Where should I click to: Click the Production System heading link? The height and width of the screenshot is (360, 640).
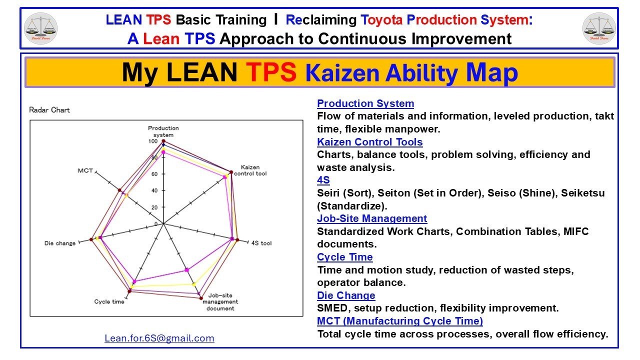point(365,103)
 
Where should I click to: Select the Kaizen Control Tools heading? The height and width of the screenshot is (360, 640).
point(369,142)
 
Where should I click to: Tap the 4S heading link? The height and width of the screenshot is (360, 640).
point(323,180)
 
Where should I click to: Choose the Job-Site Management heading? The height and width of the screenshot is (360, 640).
point(372,218)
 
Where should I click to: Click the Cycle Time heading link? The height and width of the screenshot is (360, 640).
point(345,257)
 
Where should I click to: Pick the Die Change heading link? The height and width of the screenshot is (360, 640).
point(346,295)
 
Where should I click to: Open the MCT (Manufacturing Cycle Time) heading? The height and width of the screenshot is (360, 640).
point(400,321)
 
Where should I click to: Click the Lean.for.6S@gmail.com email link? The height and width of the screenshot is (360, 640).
point(159,338)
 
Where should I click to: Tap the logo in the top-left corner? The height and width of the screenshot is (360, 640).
point(40,27)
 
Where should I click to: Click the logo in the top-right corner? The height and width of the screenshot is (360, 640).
point(599,27)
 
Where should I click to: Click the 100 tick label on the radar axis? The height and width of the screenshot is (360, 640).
point(152,141)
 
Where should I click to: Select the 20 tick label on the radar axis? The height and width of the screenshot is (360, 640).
point(154,207)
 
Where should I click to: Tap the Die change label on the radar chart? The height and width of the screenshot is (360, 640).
point(60,243)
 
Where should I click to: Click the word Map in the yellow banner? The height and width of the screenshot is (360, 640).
point(491,73)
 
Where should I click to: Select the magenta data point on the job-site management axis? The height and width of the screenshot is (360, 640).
point(187,270)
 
